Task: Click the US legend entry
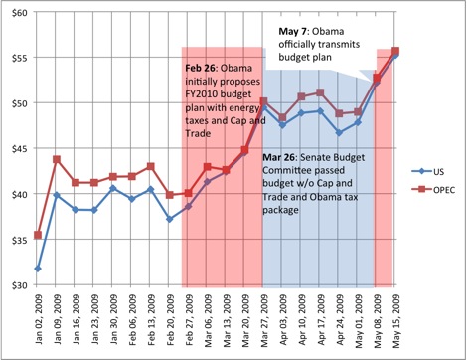(434, 171)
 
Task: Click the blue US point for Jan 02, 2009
(37, 269)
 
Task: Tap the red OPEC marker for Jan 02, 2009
(37, 235)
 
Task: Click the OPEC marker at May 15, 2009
(395, 51)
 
